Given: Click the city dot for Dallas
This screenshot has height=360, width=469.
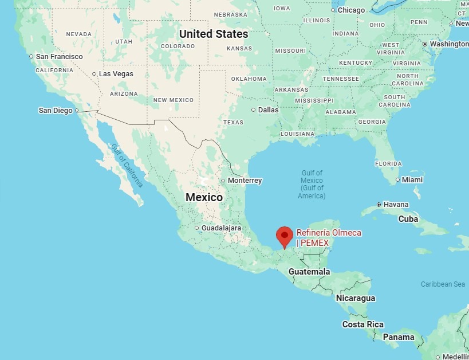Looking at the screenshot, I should click(254, 109).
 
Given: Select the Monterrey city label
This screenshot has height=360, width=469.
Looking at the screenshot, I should click(245, 181).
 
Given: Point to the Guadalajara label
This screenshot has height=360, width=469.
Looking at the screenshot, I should click(221, 228).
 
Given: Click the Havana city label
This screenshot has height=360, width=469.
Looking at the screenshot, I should click(396, 205).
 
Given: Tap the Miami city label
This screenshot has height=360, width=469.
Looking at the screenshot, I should click(412, 180).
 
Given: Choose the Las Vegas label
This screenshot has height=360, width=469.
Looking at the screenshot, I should click(116, 74).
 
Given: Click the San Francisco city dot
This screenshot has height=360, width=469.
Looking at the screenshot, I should click(31, 56).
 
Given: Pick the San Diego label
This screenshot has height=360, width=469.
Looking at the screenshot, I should click(56, 110).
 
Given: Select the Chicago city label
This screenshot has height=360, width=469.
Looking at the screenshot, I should click(351, 10).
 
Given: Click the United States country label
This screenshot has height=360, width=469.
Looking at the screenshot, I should click(214, 34).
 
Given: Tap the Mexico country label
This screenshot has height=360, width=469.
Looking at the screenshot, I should click(204, 197).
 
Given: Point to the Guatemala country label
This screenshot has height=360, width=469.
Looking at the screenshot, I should click(309, 272).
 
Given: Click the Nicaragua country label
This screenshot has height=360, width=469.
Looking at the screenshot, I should click(356, 298).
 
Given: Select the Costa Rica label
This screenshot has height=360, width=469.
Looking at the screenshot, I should click(363, 324).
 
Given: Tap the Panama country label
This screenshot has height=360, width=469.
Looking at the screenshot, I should click(399, 337).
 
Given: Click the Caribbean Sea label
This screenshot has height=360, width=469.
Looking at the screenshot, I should click(443, 284).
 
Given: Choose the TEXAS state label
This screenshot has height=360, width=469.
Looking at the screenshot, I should click(233, 122).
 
